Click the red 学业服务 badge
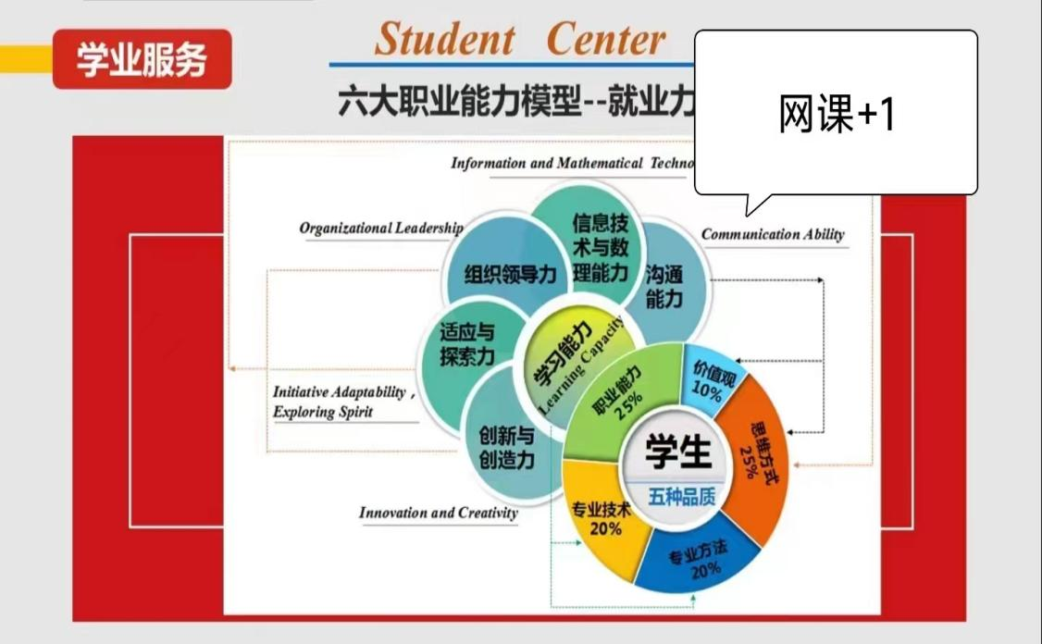(x=143, y=59)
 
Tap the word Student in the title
(x=444, y=39)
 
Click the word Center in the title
(x=605, y=39)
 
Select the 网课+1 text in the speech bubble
(x=837, y=114)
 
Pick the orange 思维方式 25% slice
(x=754, y=459)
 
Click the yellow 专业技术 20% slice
(x=602, y=518)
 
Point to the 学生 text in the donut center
(x=677, y=452)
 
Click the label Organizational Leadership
(x=381, y=228)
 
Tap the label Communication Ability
(x=773, y=234)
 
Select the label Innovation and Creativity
(x=438, y=513)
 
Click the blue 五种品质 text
(x=681, y=497)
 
